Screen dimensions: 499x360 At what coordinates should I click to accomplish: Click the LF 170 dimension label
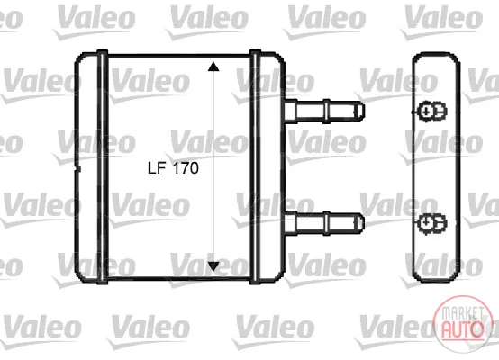click(x=173, y=168)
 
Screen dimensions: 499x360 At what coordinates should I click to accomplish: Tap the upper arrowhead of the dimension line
click(x=213, y=66)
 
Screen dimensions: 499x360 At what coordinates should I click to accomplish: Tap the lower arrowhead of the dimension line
click(x=213, y=266)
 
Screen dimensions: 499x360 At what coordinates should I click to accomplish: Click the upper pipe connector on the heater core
click(x=324, y=111)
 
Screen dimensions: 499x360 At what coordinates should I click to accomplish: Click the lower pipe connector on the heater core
click(x=324, y=223)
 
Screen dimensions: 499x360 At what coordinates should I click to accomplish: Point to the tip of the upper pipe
click(x=364, y=111)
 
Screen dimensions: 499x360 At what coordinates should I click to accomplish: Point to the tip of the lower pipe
click(x=364, y=223)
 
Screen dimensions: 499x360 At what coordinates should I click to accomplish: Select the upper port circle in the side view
click(x=426, y=112)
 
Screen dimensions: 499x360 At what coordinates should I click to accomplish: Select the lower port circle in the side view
click(x=426, y=223)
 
